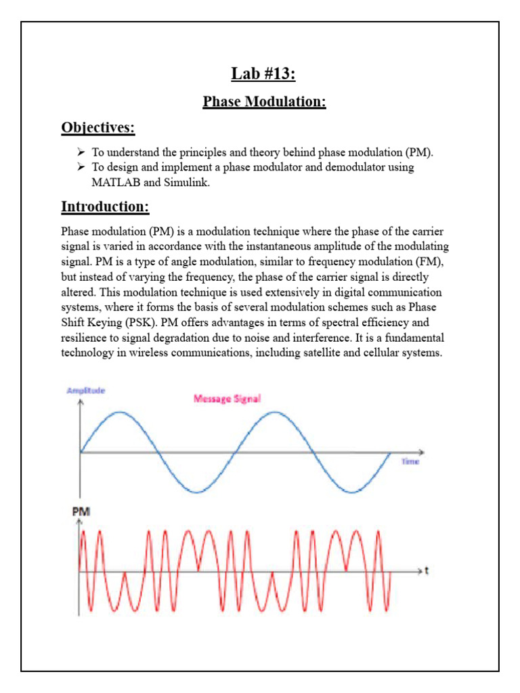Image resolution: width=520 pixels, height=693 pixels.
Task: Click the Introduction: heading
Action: pyautogui.click(x=105, y=206)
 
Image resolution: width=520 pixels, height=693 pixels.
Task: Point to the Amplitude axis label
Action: pyautogui.click(x=86, y=390)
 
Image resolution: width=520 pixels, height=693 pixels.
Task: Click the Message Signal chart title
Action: pyautogui.click(x=227, y=399)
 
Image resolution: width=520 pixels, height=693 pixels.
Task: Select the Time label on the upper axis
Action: pyautogui.click(x=410, y=461)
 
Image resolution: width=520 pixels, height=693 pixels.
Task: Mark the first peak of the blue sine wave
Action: pyautogui.click(x=119, y=412)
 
